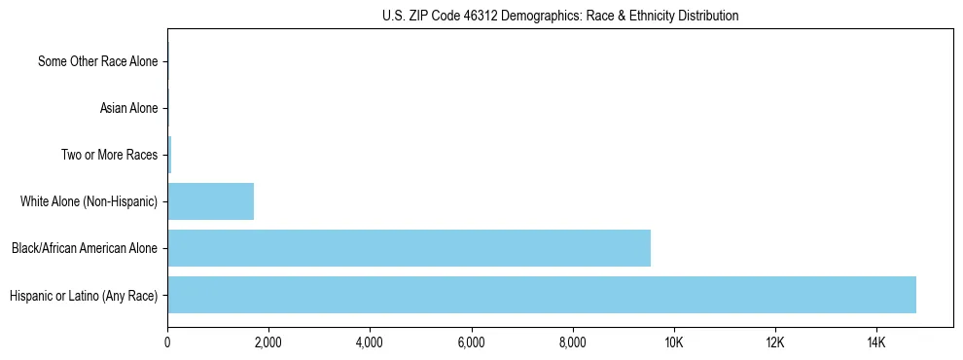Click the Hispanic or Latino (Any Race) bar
coord(541,295)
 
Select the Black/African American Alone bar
coord(409,248)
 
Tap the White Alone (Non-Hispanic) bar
coord(210,201)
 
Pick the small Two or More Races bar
coord(169,155)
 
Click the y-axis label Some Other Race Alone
coord(97,62)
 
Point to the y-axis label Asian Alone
coord(128,108)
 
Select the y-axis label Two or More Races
coord(109,155)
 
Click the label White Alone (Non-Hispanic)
coord(89,201)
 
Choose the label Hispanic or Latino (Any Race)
coord(84,295)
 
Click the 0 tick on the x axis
coord(167,342)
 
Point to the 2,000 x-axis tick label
coord(268,342)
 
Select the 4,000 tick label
coord(370,342)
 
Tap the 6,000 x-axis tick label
coord(471,342)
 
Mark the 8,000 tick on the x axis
coord(572,342)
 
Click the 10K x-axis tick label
coord(673,342)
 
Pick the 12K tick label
coord(774,342)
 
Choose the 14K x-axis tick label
coord(875,342)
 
